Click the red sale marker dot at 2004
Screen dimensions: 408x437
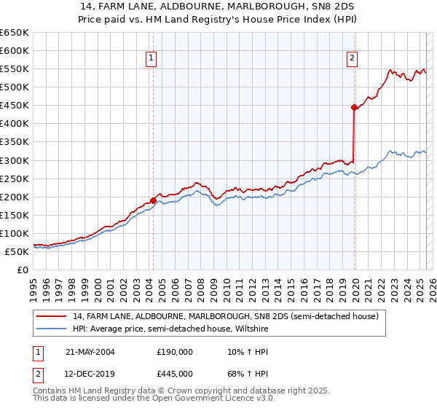point(154,200)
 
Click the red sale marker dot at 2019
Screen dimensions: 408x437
point(354,107)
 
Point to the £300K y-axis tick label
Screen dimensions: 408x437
point(14,160)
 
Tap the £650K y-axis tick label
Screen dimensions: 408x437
point(14,33)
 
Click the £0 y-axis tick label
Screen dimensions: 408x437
point(22,270)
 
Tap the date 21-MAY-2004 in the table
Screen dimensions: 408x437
point(90,351)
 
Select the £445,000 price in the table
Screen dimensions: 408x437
point(175,373)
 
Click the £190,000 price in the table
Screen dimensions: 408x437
point(175,351)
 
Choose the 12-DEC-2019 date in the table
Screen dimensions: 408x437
point(90,373)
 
